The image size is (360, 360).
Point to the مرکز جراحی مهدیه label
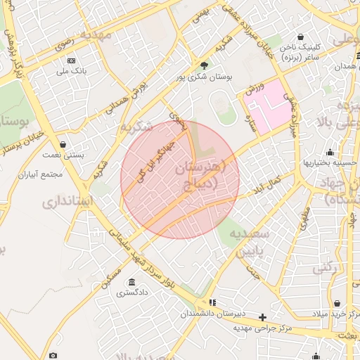(263, 328)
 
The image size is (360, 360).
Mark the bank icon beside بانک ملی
(71, 60)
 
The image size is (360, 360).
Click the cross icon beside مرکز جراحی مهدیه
(263, 318)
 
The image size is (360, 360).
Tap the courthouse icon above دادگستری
(131, 283)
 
